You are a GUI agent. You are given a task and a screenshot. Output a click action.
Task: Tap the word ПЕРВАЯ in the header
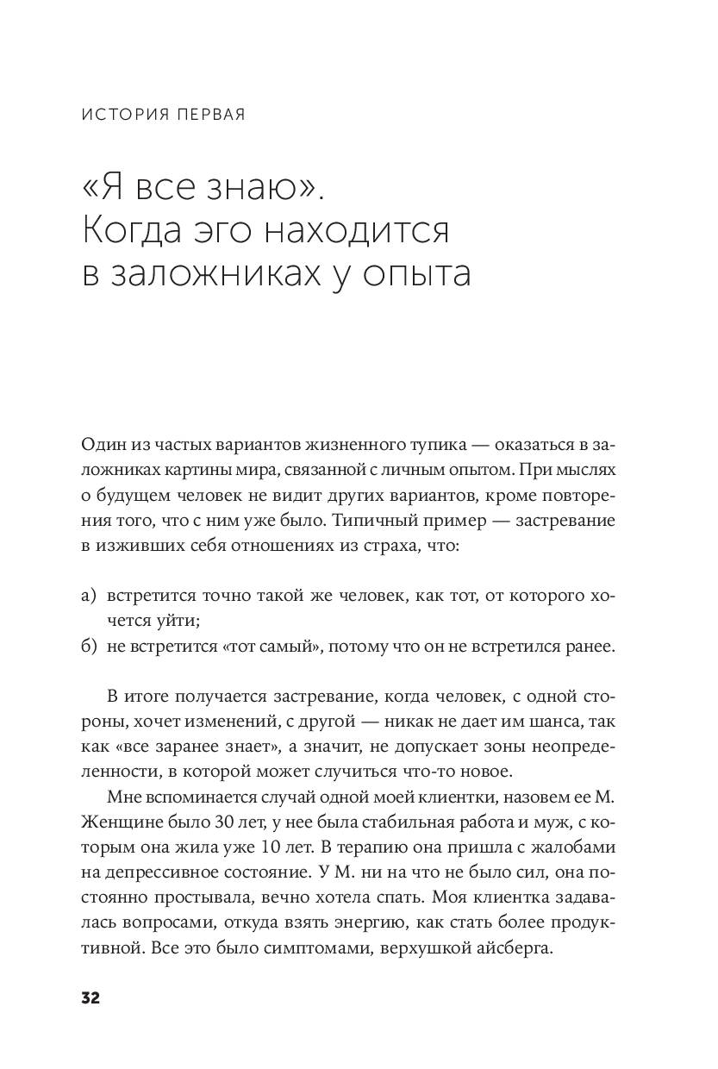(210, 116)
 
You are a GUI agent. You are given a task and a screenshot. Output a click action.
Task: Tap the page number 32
(91, 998)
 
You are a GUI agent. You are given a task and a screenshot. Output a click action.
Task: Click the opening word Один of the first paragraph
(101, 444)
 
